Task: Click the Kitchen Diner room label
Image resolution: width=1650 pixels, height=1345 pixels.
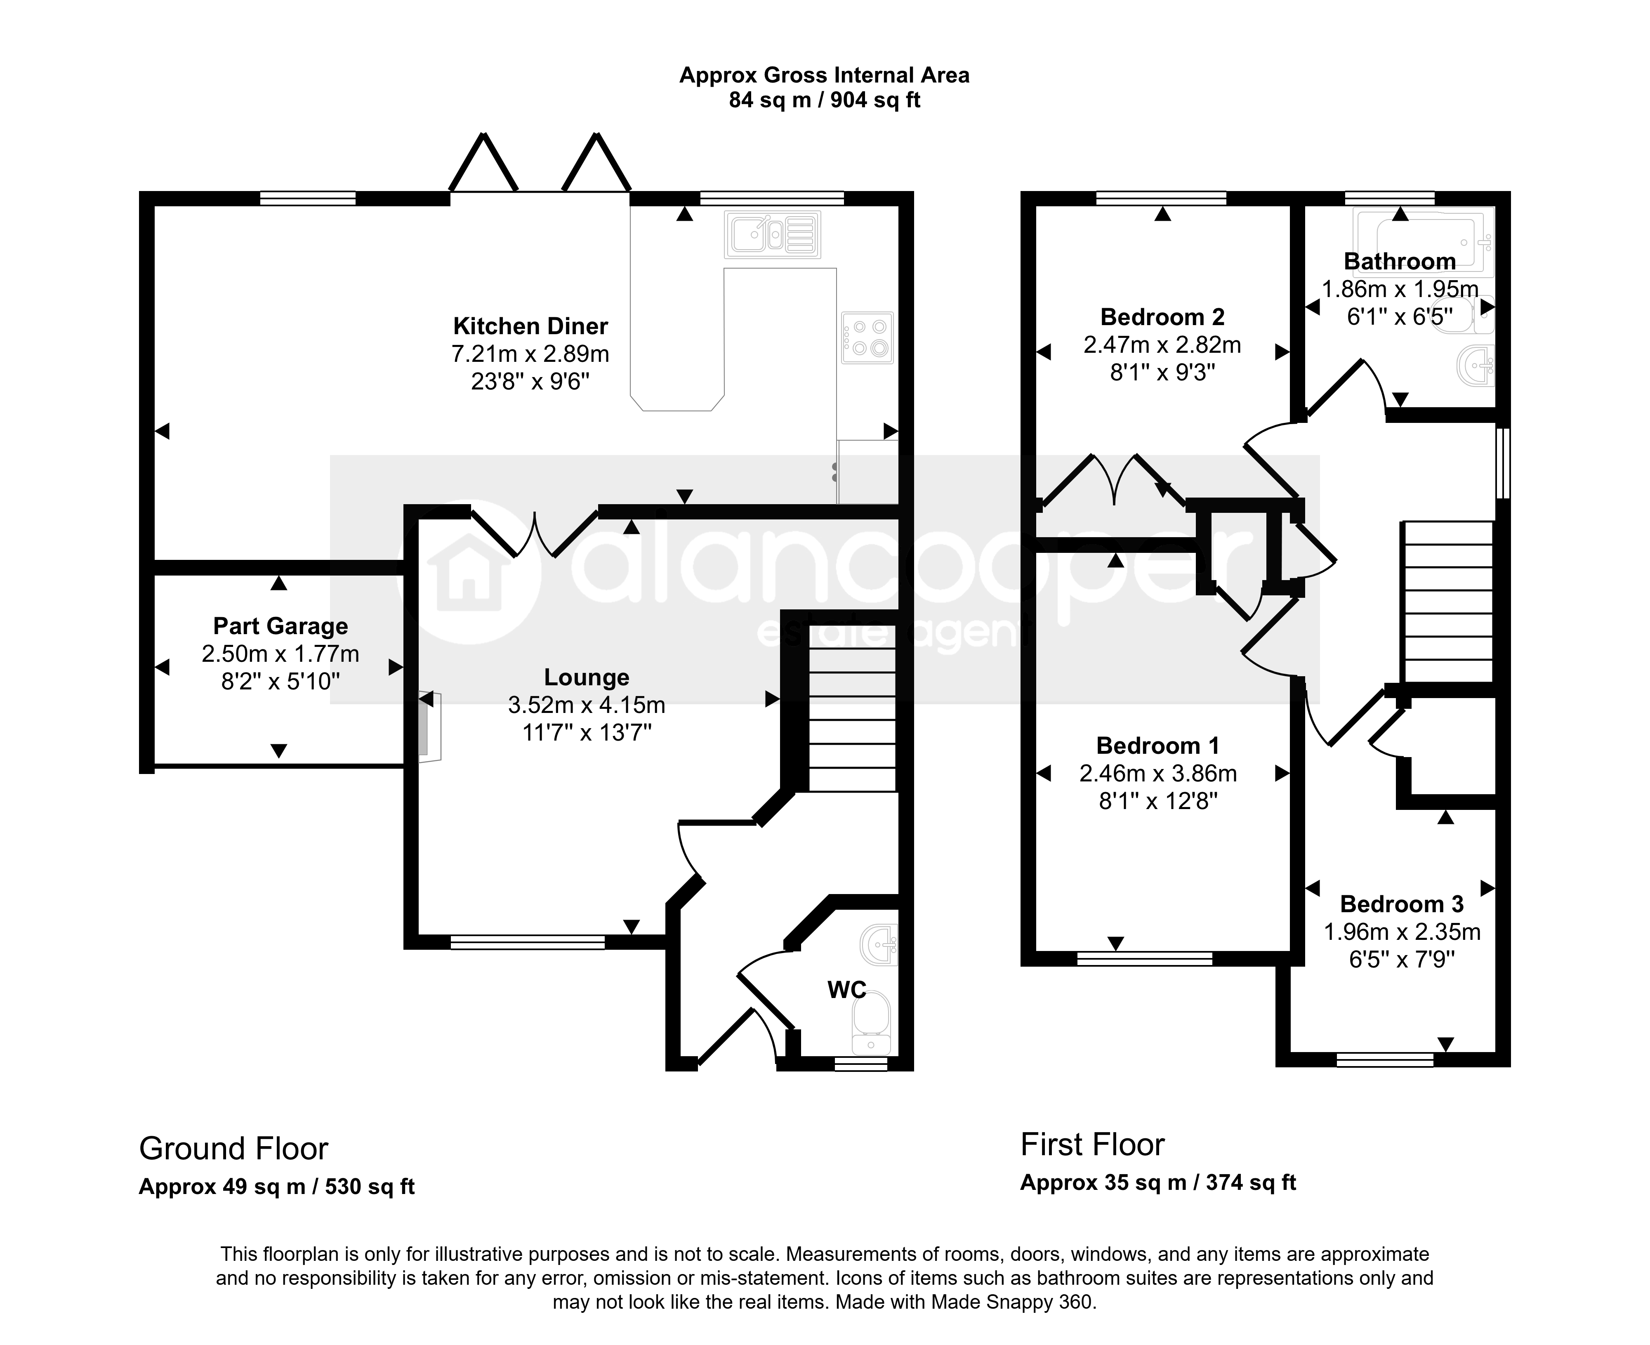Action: click(x=530, y=326)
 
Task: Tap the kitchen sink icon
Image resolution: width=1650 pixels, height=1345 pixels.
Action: click(x=772, y=234)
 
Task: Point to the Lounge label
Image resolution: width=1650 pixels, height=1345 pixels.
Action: click(x=587, y=677)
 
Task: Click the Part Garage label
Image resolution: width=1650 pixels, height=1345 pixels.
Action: click(x=280, y=626)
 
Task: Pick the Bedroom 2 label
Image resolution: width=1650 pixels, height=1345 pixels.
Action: click(x=1162, y=317)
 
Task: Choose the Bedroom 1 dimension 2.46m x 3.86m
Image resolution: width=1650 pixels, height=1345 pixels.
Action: click(x=1158, y=773)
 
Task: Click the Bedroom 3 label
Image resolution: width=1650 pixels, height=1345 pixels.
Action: click(x=1401, y=904)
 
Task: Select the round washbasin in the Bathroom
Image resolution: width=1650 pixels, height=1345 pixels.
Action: click(x=1476, y=365)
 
